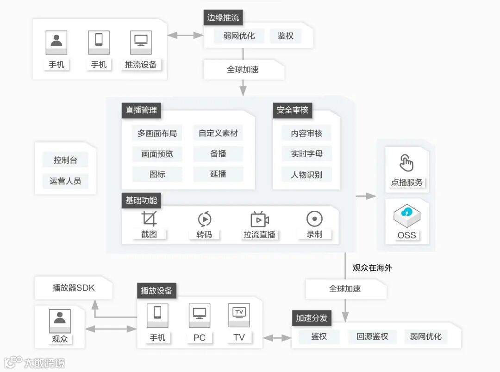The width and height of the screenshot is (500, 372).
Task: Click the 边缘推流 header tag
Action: [x=223, y=18]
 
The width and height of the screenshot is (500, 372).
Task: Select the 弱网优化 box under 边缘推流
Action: [x=239, y=36]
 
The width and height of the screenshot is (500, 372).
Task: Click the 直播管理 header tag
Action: [x=141, y=110]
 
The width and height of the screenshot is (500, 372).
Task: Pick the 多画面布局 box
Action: [x=157, y=133]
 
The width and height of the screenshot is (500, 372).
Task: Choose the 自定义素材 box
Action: [x=218, y=133]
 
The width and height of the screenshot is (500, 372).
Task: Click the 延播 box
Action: [x=218, y=174]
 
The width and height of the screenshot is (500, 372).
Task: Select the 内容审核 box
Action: [x=306, y=133]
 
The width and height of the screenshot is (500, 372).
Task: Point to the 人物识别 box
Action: [x=306, y=174]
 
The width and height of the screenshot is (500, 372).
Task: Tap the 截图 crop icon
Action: [x=149, y=219]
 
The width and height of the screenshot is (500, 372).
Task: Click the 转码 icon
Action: [x=204, y=219]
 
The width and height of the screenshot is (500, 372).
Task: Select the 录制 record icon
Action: [x=314, y=219]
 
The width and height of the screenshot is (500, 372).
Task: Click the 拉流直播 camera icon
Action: [x=259, y=219]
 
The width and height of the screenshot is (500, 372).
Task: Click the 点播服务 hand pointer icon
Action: [x=406, y=163]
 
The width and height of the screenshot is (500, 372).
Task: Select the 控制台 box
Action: [x=65, y=160]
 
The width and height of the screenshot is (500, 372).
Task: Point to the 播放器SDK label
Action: [x=74, y=288]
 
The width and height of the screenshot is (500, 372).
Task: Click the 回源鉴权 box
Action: [x=372, y=336]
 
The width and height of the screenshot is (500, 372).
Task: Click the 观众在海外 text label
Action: [x=372, y=268]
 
